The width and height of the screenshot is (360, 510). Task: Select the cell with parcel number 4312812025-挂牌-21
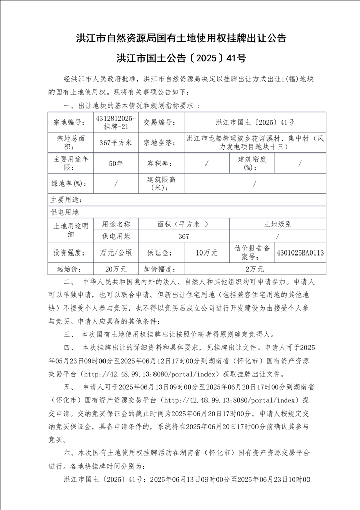116,122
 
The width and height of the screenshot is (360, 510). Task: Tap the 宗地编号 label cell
70,122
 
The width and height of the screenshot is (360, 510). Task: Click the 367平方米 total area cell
116,143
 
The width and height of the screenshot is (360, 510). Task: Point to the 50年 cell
116,163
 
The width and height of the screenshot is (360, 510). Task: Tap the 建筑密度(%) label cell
252,163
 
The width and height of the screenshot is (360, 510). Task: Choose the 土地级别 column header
277,225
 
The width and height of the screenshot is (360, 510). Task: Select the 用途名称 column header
116,225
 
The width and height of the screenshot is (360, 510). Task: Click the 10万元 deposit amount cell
207,252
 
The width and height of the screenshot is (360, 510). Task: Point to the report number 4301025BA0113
300,252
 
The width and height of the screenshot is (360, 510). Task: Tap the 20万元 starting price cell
116,269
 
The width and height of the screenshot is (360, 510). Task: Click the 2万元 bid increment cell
254,269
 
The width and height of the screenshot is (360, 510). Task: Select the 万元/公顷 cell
116,252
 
